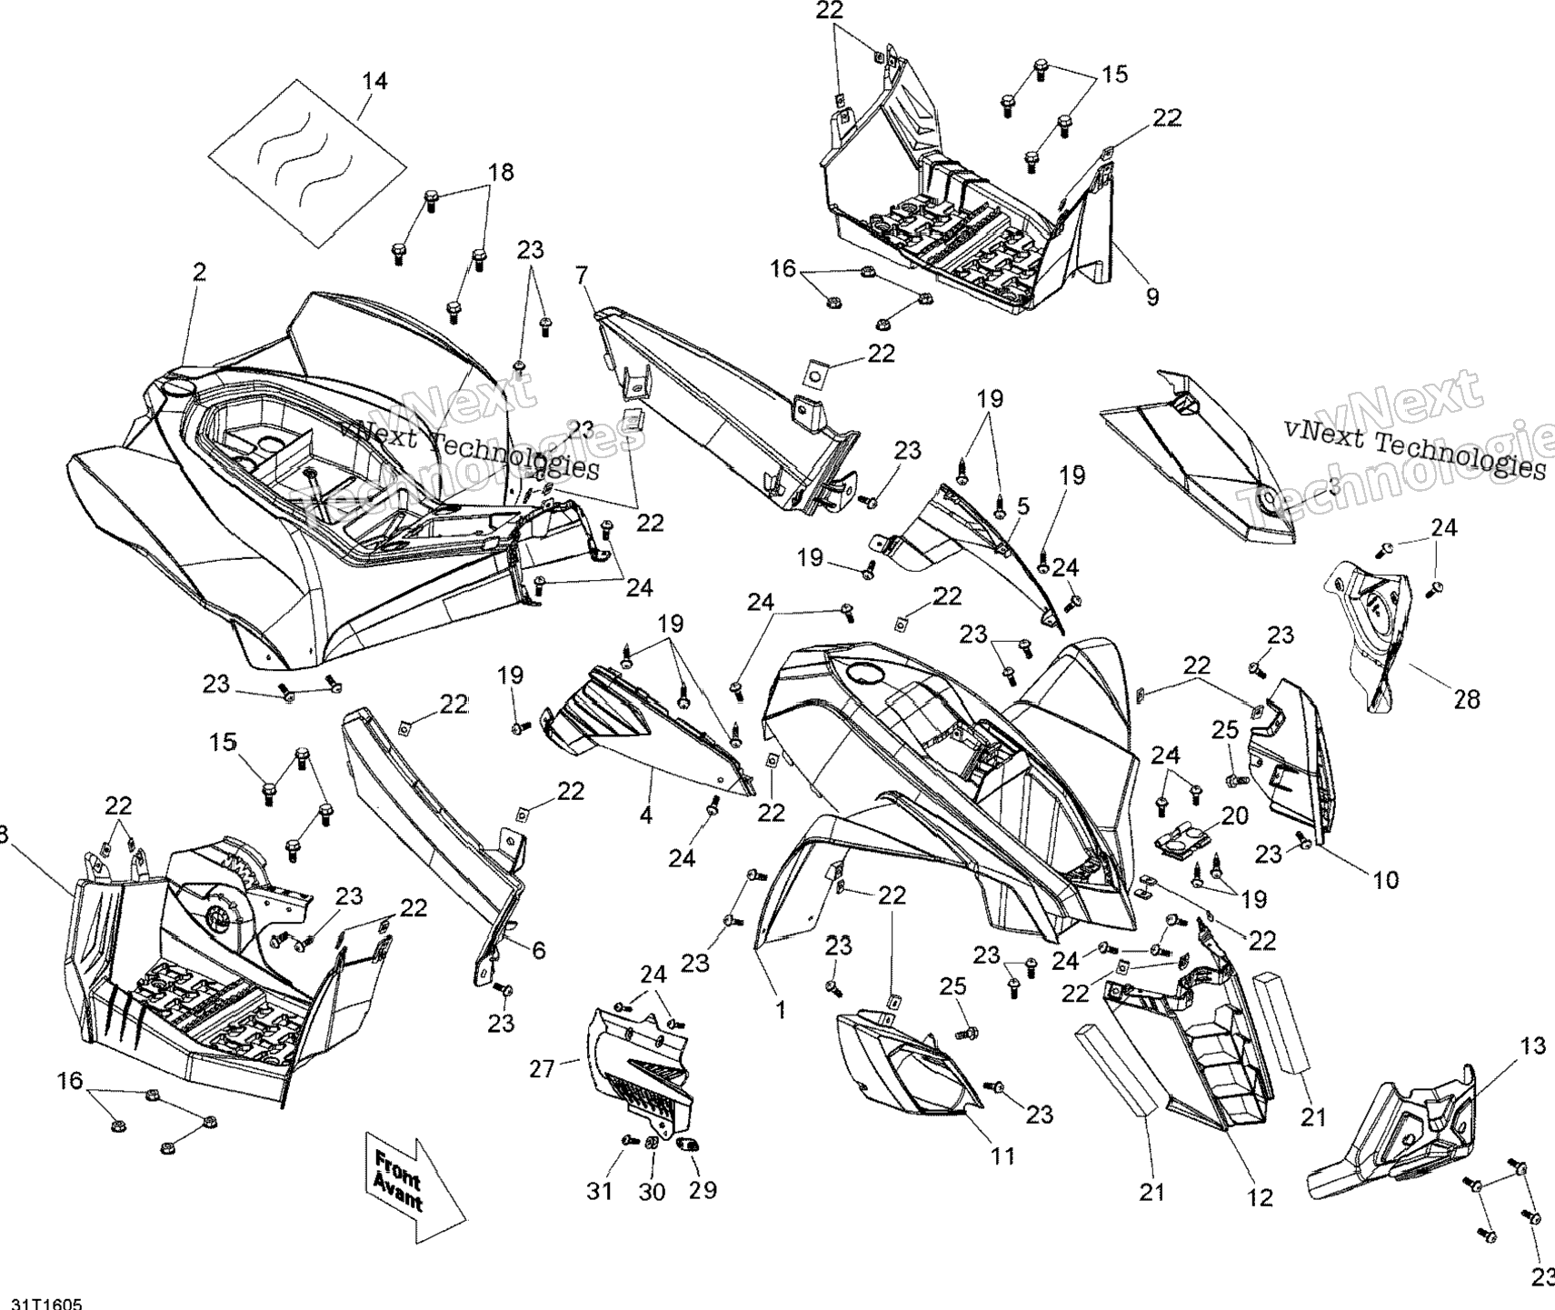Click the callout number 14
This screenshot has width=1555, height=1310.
tap(374, 81)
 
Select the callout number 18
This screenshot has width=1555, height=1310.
tap(501, 172)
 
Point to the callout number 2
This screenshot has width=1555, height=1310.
tap(199, 272)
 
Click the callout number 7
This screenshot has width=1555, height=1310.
tap(583, 273)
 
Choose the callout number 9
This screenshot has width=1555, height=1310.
tap(1152, 296)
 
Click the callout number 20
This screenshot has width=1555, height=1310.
tap(1234, 815)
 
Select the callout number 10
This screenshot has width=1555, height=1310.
tap(1386, 879)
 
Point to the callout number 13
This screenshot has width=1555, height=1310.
tap(1532, 1046)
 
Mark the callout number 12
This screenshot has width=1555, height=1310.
tap(1261, 1197)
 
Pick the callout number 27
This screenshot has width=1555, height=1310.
tap(542, 1069)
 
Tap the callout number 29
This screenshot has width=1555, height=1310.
tap(703, 1190)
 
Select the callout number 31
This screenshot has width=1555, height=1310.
tap(600, 1190)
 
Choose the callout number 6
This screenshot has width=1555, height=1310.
tap(539, 951)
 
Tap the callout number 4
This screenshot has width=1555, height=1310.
tap(645, 815)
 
